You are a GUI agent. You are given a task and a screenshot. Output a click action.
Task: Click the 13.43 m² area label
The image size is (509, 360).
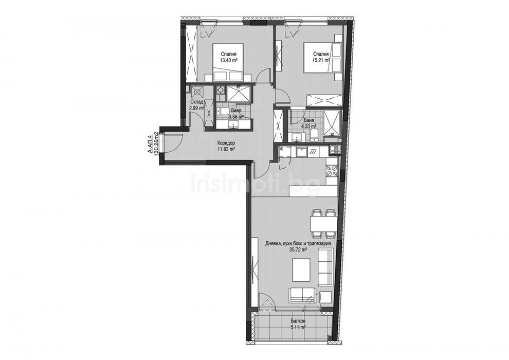[229, 60]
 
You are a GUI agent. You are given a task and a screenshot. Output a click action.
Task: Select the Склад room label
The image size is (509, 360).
[198, 102]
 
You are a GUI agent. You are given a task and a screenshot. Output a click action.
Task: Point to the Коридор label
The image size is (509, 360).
[226, 142]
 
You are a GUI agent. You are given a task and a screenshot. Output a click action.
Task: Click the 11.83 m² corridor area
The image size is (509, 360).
[226, 149]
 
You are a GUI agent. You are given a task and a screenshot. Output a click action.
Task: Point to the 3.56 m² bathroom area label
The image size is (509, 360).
[235, 116]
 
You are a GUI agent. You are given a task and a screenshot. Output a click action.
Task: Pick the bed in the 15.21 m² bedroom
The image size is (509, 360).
[322, 59]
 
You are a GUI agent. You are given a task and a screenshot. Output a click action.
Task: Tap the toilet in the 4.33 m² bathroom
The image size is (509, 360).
[315, 135]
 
